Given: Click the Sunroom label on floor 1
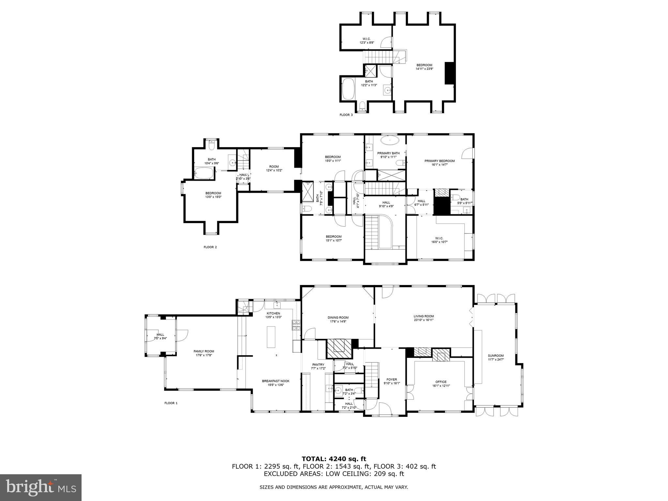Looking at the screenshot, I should pyautogui.click(x=495, y=356).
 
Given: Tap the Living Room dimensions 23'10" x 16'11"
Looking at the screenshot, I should pyautogui.click(x=424, y=320).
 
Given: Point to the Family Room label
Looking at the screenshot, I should pyautogui.click(x=204, y=351).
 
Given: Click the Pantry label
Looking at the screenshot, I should pyautogui.click(x=318, y=365).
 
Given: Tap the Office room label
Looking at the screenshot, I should pyautogui.click(x=441, y=382).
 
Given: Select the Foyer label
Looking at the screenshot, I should pyautogui.click(x=392, y=379).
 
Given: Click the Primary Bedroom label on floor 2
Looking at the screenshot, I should pyautogui.click(x=439, y=161).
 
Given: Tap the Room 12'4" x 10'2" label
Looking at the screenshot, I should pyautogui.click(x=274, y=167).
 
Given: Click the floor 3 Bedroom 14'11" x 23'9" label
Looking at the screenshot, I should pyautogui.click(x=424, y=65).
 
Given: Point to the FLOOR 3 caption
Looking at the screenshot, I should pyautogui.click(x=346, y=115).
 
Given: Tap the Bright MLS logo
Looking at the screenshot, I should pyautogui.click(x=41, y=488).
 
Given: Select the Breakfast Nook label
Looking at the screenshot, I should pyautogui.click(x=276, y=381).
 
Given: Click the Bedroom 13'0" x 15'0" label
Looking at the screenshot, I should pyautogui.click(x=213, y=193).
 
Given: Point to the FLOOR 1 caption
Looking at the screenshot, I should pyautogui.click(x=171, y=403).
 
